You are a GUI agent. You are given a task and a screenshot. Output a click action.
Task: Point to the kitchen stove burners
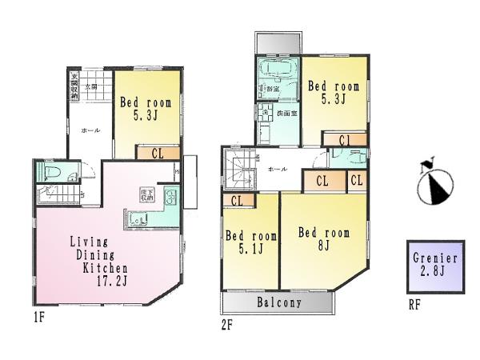coord(171,198)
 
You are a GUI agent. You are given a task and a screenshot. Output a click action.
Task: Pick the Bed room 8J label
coord(324,239)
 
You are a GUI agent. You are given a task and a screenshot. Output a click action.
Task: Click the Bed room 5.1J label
coord(250,242)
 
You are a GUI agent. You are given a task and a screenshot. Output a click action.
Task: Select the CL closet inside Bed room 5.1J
coord(237,200)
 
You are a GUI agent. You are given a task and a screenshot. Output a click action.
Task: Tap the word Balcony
coord(278,303)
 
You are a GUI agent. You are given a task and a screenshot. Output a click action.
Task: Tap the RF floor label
coord(414,305)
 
